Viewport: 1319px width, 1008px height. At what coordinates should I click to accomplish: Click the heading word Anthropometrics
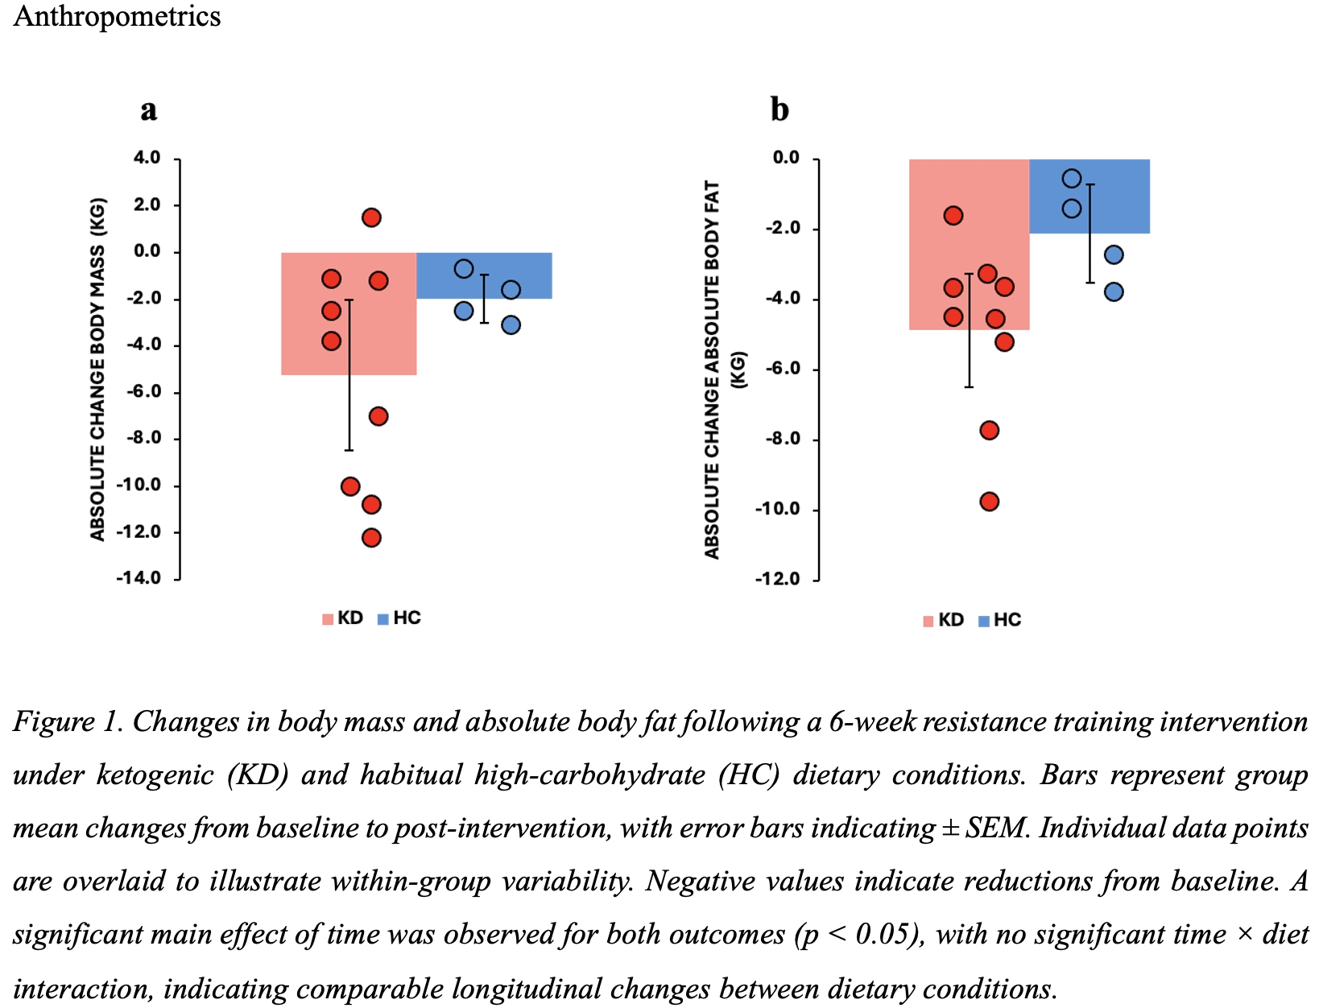tap(117, 16)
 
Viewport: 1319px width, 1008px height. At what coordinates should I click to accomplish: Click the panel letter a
tap(148, 109)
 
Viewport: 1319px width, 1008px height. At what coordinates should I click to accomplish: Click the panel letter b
tap(779, 109)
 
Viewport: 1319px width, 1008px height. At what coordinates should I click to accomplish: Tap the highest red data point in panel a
tap(371, 217)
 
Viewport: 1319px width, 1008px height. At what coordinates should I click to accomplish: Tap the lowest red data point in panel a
tap(371, 538)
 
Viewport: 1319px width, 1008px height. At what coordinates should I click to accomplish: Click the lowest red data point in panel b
tap(990, 502)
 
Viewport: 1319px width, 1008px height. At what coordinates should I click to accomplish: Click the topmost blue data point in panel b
tap(1072, 178)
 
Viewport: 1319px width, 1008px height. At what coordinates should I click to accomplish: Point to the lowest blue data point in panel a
tap(511, 325)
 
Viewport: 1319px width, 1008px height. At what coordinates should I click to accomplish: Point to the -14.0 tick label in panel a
tap(139, 578)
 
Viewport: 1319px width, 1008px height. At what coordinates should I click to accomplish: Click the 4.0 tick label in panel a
tap(147, 158)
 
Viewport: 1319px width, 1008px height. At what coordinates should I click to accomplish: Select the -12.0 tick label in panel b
tap(777, 580)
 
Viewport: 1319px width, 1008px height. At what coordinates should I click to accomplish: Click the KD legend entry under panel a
tap(343, 618)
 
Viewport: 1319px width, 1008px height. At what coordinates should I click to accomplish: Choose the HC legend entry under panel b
tap(1000, 620)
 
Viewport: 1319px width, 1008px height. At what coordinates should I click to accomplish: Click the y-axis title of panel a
tap(97, 369)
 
